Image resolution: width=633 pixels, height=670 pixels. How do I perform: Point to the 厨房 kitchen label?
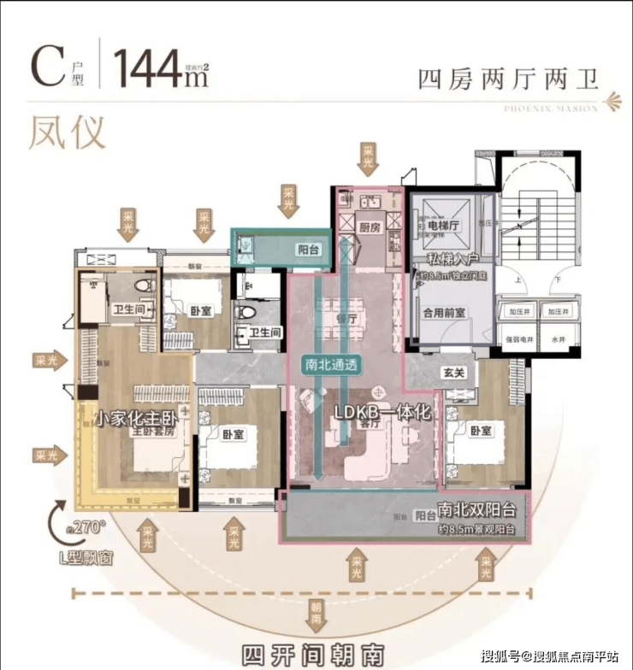tap(370, 227)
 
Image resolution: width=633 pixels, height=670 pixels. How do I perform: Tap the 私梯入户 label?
tap(451, 260)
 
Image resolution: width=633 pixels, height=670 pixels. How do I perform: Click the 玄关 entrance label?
tap(454, 373)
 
